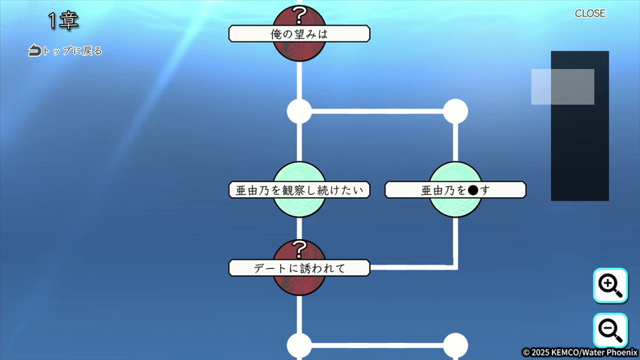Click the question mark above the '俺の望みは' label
tap(299, 16)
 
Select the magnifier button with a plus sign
tap(610, 285)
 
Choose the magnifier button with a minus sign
tap(610, 330)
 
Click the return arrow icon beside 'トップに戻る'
tap(35, 51)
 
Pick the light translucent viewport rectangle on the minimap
tap(562, 87)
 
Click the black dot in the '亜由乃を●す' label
tap(473, 190)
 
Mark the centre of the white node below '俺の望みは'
tap(299, 111)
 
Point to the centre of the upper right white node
tap(456, 111)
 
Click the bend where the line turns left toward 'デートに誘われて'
tap(456, 268)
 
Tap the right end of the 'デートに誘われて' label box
tap(370, 268)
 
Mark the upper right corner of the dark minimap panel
tap(609, 51)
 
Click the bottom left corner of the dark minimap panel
tap(551, 201)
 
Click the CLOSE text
tap(590, 14)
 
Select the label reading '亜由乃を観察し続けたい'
tap(299, 190)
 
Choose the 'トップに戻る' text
tap(73, 51)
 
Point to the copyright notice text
tap(580, 352)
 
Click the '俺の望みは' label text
tap(299, 34)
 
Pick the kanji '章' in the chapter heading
tap(68, 21)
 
